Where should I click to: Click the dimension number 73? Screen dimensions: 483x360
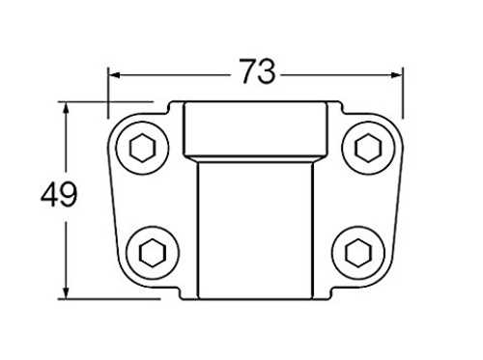pos(258,71)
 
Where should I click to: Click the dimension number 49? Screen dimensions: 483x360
pos(59,194)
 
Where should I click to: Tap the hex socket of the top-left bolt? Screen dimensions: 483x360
pos(143,148)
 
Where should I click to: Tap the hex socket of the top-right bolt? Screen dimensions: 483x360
pos(368,148)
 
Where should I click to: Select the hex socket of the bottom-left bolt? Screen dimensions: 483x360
pos(153,253)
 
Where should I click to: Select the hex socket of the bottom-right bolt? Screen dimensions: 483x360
pos(358,253)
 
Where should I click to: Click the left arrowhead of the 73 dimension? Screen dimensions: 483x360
pos(114,75)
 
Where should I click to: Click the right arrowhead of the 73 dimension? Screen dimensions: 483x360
pos(397,75)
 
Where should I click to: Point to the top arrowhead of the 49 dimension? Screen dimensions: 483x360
pos(66,108)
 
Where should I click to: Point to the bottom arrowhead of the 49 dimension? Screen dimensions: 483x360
pos(66,292)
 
